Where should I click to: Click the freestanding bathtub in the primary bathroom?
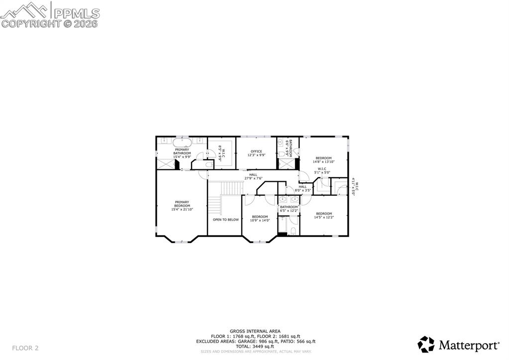point(182,142)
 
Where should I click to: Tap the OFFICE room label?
point(256,151)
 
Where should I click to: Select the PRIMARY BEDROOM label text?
point(182,204)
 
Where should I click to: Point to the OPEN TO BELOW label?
point(226,220)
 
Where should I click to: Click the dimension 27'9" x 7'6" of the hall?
point(253,178)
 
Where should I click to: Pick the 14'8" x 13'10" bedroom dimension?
point(323,162)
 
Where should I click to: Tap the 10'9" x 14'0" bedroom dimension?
point(260,220)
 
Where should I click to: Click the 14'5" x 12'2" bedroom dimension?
point(324,217)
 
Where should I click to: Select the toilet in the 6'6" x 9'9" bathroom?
point(282,154)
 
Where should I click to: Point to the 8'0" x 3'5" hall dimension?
point(303,190)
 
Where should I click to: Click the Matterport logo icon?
point(426,344)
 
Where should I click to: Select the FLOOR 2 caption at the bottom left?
point(25,348)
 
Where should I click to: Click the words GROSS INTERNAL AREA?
point(255,331)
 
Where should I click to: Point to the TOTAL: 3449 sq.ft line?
point(255,347)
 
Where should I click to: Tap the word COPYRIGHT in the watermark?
point(31,23)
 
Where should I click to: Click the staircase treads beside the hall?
point(230,188)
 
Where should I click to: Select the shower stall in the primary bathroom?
point(165,164)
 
